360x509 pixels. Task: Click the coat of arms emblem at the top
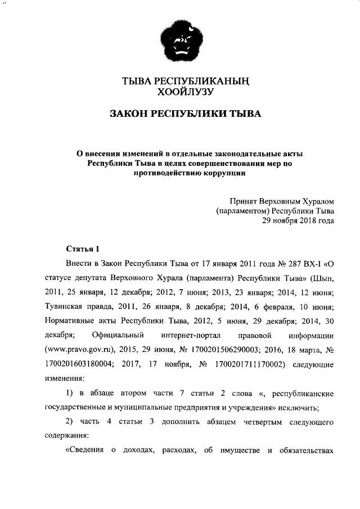(x=179, y=43)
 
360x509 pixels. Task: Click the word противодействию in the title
(x=169, y=173)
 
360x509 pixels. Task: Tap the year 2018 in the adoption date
(x=304, y=221)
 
